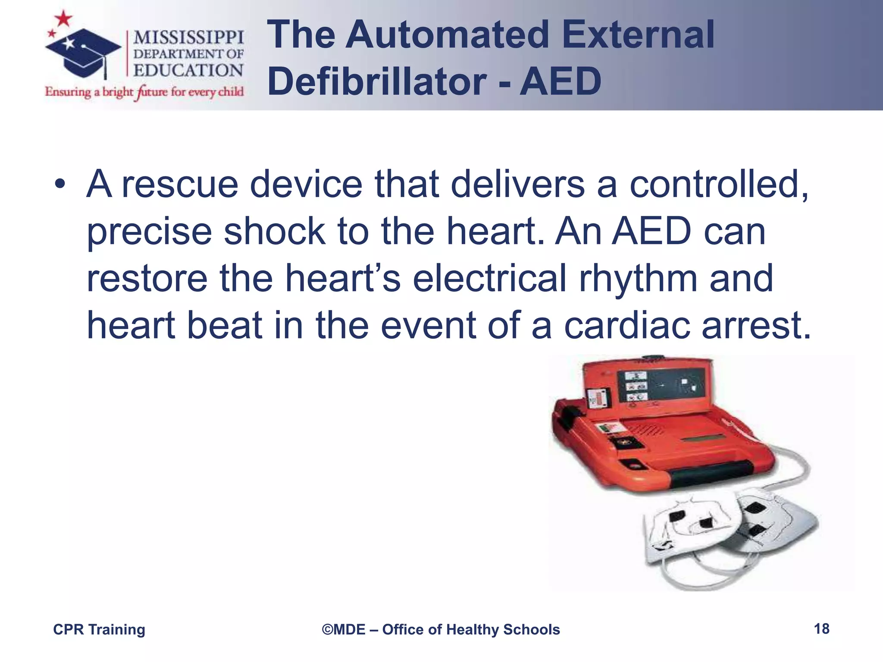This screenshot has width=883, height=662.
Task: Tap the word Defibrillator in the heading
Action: pyautogui.click(x=377, y=81)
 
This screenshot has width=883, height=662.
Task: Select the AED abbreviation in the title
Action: pyautogui.click(x=560, y=81)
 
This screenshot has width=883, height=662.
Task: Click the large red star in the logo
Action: pyautogui.click(x=64, y=18)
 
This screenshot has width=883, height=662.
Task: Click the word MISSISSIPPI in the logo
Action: pyautogui.click(x=188, y=37)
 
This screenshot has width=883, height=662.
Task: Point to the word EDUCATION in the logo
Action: pyautogui.click(x=188, y=70)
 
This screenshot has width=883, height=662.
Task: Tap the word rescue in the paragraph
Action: pyautogui.click(x=180, y=184)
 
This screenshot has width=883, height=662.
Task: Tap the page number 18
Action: pyautogui.click(x=821, y=629)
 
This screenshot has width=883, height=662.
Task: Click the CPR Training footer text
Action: pyautogui.click(x=99, y=630)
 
